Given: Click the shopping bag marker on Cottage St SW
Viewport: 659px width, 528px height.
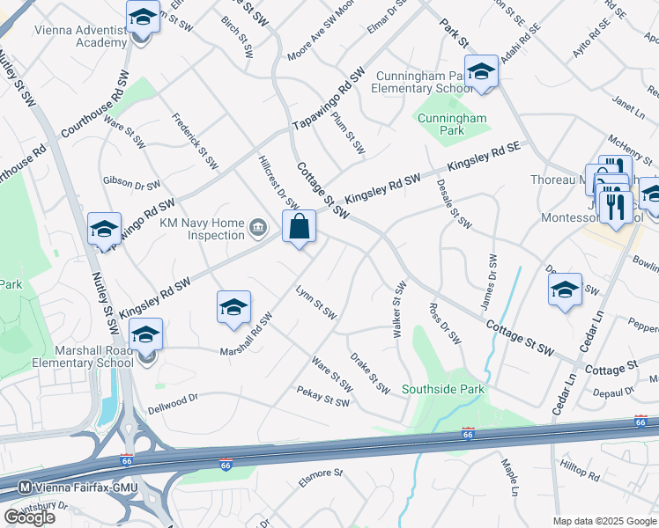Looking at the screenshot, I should pyautogui.click(x=300, y=227).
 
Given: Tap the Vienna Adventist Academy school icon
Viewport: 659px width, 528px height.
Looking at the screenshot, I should pyautogui.click(x=141, y=18).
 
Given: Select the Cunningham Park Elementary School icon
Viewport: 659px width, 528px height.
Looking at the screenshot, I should pyautogui.click(x=481, y=71).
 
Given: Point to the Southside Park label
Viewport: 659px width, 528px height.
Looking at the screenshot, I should pyautogui.click(x=443, y=389).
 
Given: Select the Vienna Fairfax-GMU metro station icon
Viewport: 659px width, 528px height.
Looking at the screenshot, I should pyautogui.click(x=25, y=486).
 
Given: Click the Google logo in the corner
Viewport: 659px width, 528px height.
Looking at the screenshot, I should pyautogui.click(x=29, y=517).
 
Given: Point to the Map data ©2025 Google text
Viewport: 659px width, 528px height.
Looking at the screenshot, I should pyautogui.click(x=604, y=520).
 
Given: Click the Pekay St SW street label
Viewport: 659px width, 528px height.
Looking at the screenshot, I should pyautogui.click(x=322, y=397).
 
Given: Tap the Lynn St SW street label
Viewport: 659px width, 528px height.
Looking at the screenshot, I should pyautogui.click(x=315, y=301).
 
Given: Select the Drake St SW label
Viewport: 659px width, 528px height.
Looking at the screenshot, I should pyautogui.click(x=370, y=373).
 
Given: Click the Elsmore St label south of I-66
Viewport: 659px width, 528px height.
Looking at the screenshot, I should pyautogui.click(x=319, y=473).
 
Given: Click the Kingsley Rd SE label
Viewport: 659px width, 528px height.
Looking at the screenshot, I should pyautogui.click(x=484, y=158).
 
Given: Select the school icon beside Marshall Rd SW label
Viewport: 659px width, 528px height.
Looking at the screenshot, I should pyautogui.click(x=233, y=307).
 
